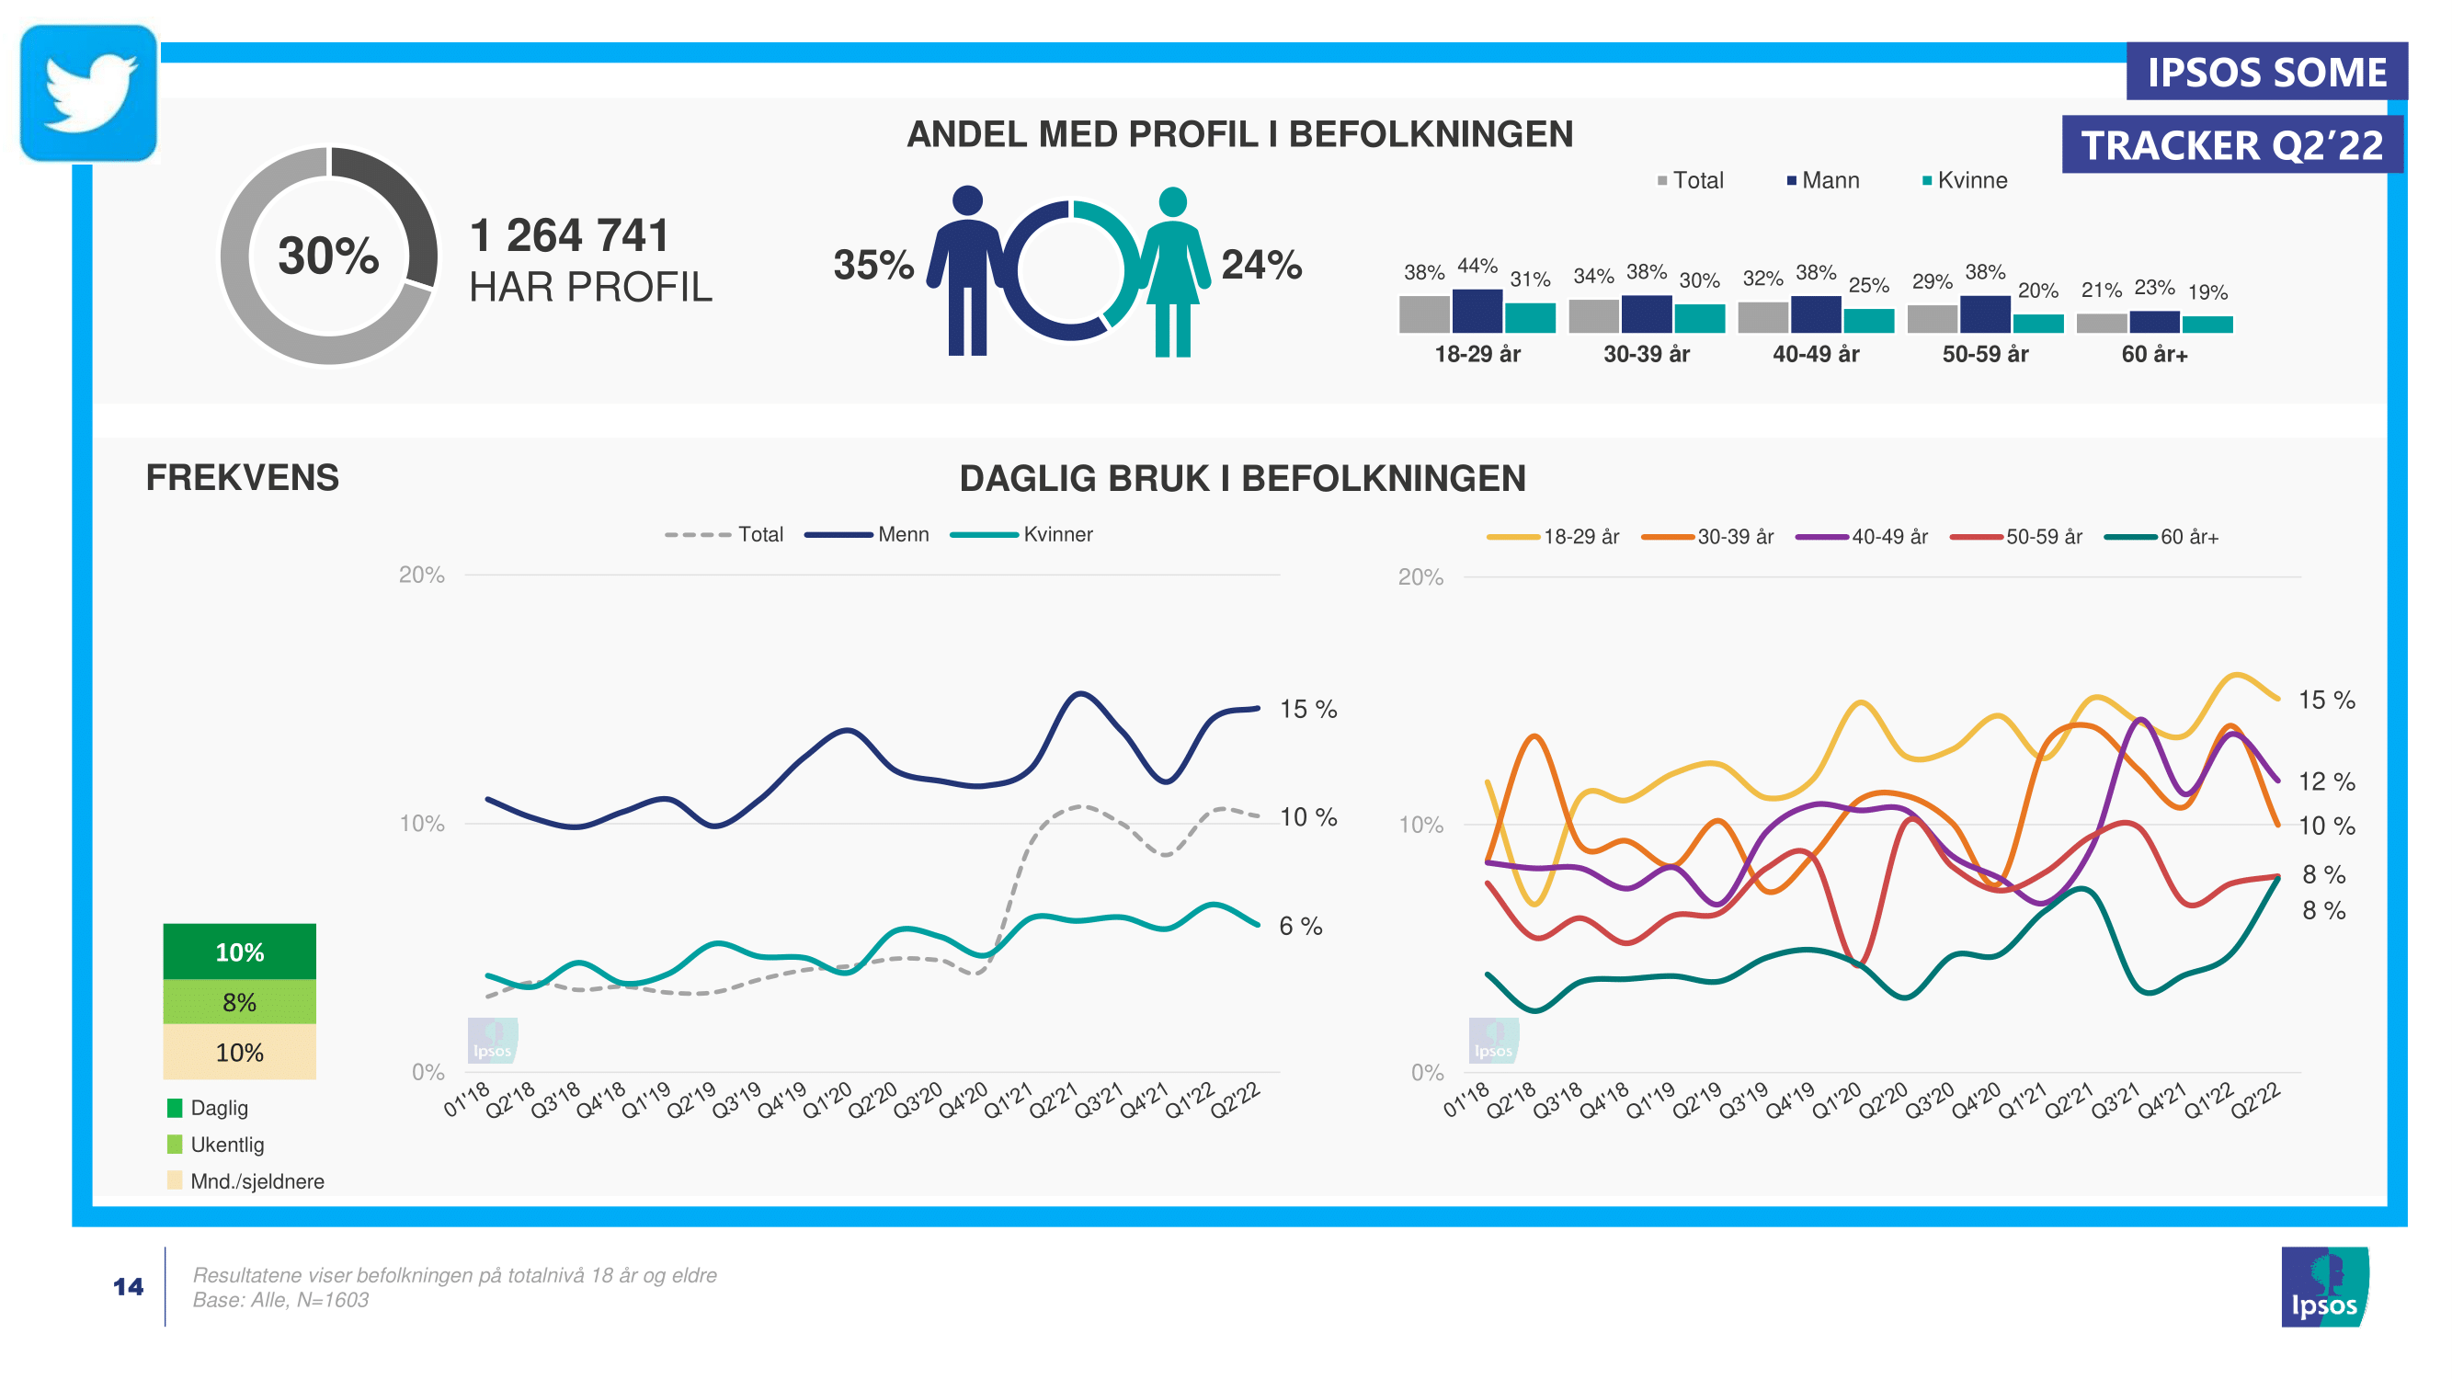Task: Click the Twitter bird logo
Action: [x=88, y=92]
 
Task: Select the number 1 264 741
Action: [x=569, y=235]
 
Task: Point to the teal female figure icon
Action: [x=1173, y=271]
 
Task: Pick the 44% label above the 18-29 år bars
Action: [x=1477, y=266]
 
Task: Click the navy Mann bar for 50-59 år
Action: [x=1985, y=314]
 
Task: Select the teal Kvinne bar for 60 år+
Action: [x=2207, y=325]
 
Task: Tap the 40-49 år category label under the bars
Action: [x=1815, y=354]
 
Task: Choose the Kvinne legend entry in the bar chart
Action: [x=1965, y=181]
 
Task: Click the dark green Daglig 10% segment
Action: [x=239, y=951]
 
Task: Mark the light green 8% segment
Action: [x=239, y=1001]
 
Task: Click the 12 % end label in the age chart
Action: [x=2326, y=781]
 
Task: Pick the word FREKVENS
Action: [x=242, y=478]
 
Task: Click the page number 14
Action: [x=129, y=1287]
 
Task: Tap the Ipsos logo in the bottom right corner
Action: [x=2323, y=1287]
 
